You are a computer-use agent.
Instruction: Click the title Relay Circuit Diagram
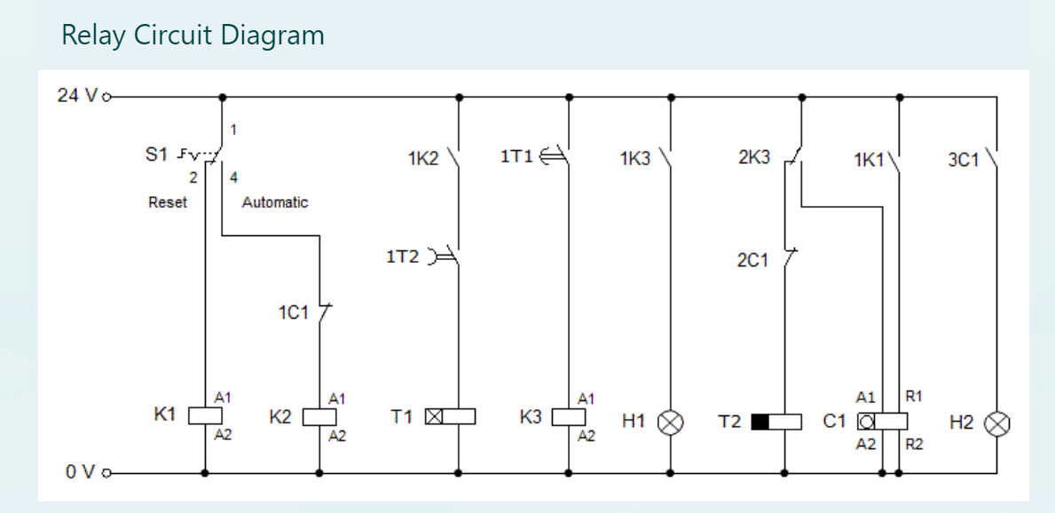[x=193, y=36]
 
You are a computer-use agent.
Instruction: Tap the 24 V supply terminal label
[x=78, y=96]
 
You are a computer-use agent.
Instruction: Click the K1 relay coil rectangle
[x=205, y=416]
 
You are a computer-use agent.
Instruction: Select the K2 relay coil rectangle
[x=319, y=417]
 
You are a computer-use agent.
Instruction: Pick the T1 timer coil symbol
[x=451, y=417]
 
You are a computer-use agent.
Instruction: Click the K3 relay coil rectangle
[x=568, y=417]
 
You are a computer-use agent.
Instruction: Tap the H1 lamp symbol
[x=670, y=422]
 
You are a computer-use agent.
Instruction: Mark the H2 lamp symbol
[x=998, y=424]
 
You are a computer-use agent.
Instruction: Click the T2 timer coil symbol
[x=776, y=422]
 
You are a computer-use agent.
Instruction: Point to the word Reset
[x=168, y=202]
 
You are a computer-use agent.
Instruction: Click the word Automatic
[x=275, y=202]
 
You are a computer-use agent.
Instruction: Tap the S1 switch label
[x=156, y=154]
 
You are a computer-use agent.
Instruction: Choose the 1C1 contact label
[x=292, y=313]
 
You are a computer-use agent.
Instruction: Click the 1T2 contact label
[x=401, y=257]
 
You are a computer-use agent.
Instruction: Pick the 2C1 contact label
[x=752, y=261]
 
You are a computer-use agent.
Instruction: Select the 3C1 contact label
[x=964, y=161]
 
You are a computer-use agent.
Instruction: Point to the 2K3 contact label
[x=754, y=159]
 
